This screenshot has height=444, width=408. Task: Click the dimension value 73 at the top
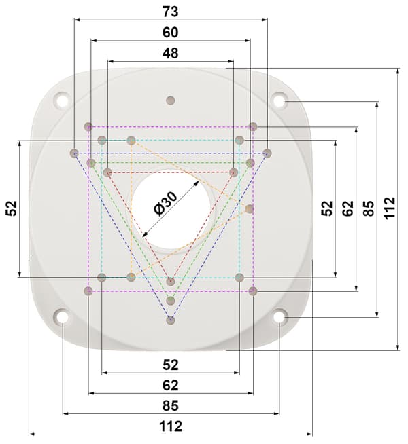[171, 12]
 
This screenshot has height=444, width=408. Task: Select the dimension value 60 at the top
[171, 33]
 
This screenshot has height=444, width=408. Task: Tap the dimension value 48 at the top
[171, 53]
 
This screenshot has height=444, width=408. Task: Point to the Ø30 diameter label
[165, 203]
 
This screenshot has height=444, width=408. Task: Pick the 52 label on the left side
[12, 208]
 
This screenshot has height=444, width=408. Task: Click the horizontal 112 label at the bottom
[171, 426]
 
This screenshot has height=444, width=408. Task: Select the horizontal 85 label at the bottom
[171, 406]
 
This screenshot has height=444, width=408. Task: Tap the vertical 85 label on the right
[369, 208]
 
